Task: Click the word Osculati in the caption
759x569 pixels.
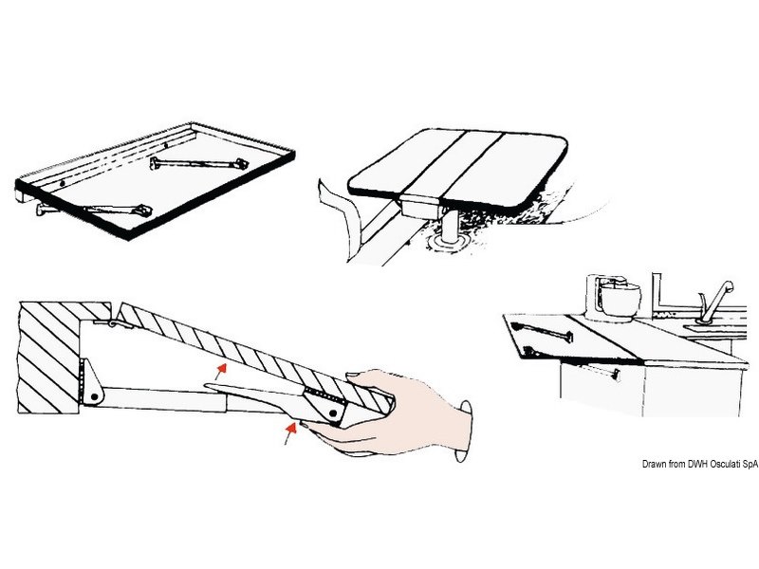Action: [727, 464]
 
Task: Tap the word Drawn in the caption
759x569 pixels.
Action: [654, 464]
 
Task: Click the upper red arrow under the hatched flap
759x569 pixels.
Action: [221, 371]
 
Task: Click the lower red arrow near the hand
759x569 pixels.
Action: [289, 432]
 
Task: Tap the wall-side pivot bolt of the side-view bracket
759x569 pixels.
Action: [94, 397]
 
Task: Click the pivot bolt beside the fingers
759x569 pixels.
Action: [334, 413]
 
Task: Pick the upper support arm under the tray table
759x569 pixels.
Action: [199, 163]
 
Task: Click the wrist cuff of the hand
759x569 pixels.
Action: [463, 431]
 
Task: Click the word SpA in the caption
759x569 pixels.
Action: [750, 464]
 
